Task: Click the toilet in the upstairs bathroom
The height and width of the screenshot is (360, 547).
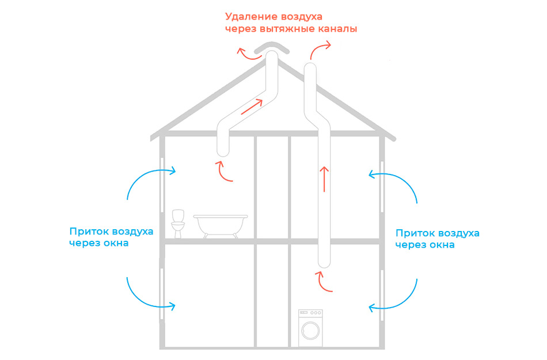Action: click(x=178, y=223)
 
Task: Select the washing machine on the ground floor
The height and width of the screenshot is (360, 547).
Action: click(x=310, y=328)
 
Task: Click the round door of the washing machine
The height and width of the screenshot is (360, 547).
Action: click(x=310, y=331)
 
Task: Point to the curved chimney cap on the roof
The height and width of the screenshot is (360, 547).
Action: click(x=271, y=47)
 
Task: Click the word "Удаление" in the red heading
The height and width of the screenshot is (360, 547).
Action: click(x=249, y=16)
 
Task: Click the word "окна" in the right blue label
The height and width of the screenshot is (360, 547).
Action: click(x=442, y=245)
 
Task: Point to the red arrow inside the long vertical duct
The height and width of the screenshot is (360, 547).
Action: click(x=324, y=179)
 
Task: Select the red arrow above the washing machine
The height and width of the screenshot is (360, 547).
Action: click(x=325, y=282)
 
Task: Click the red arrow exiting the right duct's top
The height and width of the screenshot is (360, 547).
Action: click(x=320, y=49)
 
